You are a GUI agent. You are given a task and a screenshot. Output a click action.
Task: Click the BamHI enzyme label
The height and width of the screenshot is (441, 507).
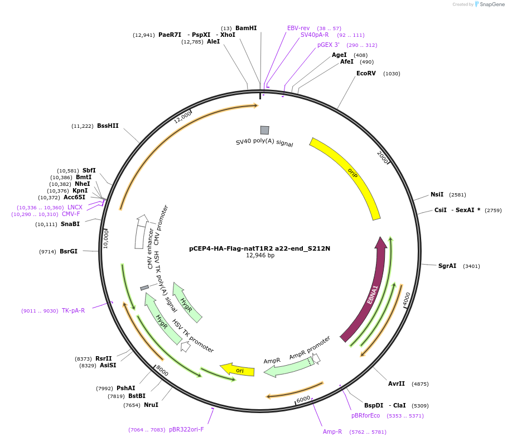(246, 28)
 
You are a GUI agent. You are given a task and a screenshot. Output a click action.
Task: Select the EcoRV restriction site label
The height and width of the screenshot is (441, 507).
(366, 73)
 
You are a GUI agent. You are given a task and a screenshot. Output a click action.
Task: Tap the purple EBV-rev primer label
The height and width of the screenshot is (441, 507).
(298, 28)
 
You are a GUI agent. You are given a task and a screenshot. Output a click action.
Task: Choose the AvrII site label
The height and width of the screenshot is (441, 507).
(397, 384)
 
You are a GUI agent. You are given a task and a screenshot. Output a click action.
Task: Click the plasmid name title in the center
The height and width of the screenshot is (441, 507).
(259, 248)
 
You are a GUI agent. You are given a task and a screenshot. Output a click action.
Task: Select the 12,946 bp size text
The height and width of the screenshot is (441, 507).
(260, 256)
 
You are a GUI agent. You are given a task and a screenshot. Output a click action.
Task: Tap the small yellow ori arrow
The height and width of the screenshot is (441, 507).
(238, 370)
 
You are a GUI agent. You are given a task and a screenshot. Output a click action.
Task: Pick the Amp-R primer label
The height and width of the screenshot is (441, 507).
(332, 432)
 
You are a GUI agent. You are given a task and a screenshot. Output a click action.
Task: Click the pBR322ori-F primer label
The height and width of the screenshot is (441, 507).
(186, 429)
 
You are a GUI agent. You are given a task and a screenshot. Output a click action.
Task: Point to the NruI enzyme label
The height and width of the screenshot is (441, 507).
(151, 405)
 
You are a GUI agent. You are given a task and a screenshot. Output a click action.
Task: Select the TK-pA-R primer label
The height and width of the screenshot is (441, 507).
(73, 310)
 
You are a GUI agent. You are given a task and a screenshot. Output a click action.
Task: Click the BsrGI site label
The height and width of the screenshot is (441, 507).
(69, 251)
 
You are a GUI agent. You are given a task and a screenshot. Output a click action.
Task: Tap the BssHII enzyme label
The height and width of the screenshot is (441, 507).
(108, 126)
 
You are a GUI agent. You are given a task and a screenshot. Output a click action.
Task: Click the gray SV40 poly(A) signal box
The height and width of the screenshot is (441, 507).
(264, 130)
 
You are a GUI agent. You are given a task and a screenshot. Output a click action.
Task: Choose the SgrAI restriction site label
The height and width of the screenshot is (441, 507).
(447, 266)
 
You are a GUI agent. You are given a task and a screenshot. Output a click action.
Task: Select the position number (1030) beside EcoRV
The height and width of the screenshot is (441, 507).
(392, 74)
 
